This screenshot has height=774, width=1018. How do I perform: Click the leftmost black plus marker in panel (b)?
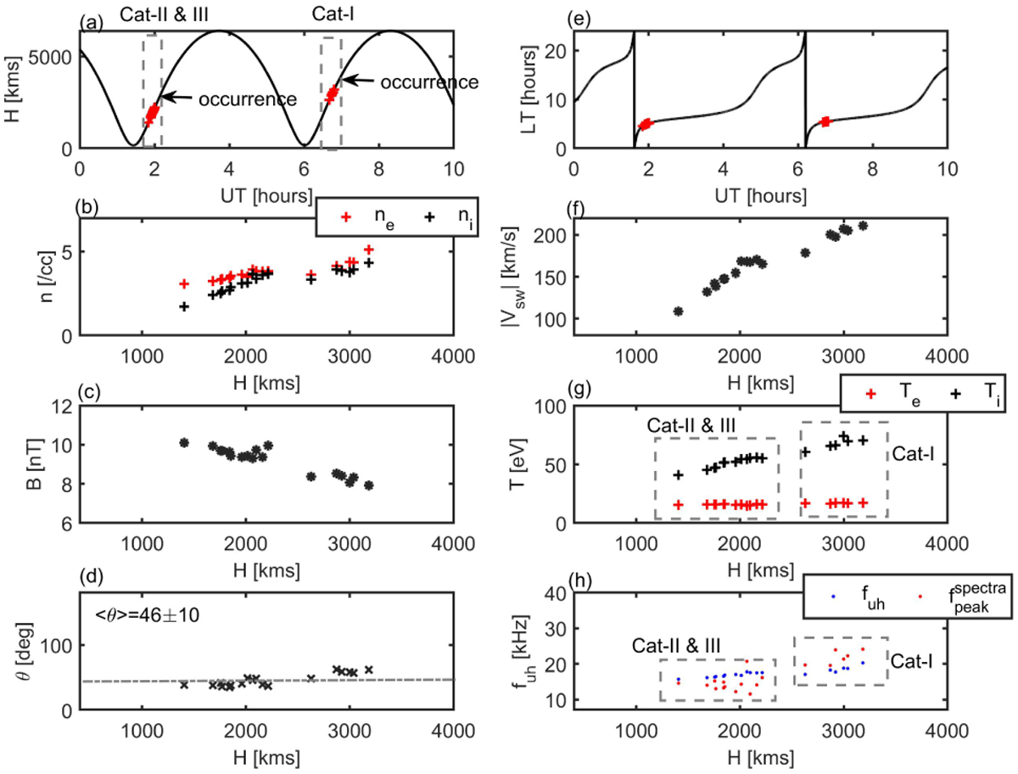184,306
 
